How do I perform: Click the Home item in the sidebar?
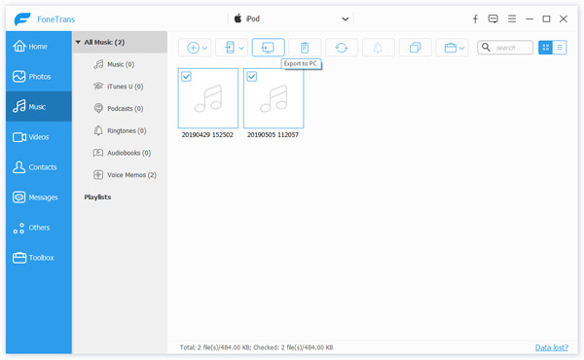tap(30, 46)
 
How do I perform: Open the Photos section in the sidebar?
tap(32, 76)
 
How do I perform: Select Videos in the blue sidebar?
tap(31, 137)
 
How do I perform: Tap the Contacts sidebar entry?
tap(35, 167)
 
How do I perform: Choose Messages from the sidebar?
tap(35, 198)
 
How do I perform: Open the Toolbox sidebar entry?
tap(33, 258)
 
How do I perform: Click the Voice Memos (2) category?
tap(125, 174)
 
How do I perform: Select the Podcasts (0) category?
tap(119, 108)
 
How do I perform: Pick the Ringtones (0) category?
tap(120, 130)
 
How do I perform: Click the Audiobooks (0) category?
tap(123, 153)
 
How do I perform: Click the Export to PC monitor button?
tap(269, 48)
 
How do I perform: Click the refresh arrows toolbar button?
tap(342, 48)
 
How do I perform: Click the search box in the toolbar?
tap(505, 48)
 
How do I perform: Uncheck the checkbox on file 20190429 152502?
tap(186, 76)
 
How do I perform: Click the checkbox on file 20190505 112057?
tap(252, 76)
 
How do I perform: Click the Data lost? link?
tap(552, 347)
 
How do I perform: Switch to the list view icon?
tap(560, 48)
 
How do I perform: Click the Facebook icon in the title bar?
tap(475, 18)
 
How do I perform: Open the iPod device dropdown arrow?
tap(346, 19)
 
